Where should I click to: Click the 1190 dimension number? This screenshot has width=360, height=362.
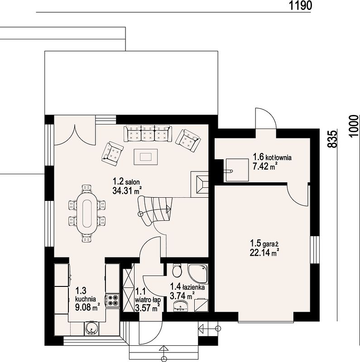tap(300, 5)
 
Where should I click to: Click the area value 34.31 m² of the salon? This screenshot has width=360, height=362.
tap(127, 191)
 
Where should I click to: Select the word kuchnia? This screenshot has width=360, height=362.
tap(86, 299)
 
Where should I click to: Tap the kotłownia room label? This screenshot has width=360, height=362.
tap(278, 157)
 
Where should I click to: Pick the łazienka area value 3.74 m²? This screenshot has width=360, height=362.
tap(182, 295)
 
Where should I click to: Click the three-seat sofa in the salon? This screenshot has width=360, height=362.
tap(148, 133)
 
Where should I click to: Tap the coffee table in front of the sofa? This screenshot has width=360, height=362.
tap(146, 157)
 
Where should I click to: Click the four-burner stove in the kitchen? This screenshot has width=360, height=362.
tap(113, 300)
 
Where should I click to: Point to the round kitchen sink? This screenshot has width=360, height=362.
tap(92, 329)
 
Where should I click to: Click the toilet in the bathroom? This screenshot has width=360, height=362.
tap(178, 270)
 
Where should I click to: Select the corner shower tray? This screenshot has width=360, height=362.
tap(198, 274)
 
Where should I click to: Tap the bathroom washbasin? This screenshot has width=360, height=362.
tap(181, 306)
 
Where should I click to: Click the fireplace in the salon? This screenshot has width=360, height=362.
tap(200, 184)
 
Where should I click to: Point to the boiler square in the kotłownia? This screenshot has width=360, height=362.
tap(237, 170)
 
